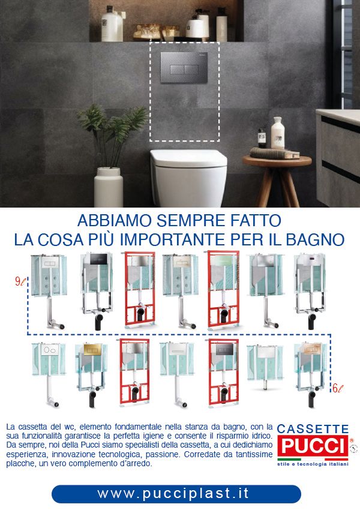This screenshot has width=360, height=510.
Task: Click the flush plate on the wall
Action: coord(184,68)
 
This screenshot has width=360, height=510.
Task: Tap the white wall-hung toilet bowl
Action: coord(188,177)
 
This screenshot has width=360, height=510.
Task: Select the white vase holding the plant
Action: coord(109,187)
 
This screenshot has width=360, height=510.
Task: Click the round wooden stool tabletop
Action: coord(277,160)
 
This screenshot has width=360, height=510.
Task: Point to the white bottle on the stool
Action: coord(277,133)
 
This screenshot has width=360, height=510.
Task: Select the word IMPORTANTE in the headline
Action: coord(173,240)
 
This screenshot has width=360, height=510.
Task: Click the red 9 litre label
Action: coord(20,281)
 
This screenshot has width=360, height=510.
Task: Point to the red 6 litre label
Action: coord(338,388)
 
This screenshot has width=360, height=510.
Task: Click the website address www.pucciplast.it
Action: coord(173,493)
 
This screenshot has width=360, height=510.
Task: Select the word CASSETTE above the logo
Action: coord(313,429)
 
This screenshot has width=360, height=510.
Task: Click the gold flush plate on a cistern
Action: coord(91,350)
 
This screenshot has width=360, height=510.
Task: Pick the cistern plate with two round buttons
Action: coord(50,350)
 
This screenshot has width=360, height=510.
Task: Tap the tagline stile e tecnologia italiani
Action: coord(313,464)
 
